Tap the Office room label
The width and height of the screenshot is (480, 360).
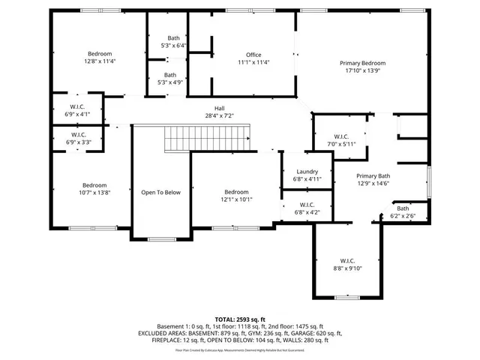[x=253, y=55]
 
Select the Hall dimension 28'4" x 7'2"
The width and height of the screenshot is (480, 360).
[x=220, y=115]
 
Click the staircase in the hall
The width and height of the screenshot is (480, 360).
[x=206, y=138]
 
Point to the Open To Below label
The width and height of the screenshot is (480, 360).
[x=161, y=193]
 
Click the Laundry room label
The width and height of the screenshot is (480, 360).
[x=307, y=172]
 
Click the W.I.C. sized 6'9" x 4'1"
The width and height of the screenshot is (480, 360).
[x=79, y=106]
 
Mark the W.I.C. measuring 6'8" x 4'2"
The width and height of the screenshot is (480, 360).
[x=307, y=205]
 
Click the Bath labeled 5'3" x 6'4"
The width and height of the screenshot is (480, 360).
[x=173, y=38]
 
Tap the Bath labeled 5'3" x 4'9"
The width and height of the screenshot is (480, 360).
[x=170, y=75]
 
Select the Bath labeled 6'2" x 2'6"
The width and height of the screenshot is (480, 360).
[x=403, y=209]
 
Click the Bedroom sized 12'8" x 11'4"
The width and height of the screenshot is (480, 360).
[x=100, y=54]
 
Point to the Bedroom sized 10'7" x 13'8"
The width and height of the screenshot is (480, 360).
[x=94, y=185]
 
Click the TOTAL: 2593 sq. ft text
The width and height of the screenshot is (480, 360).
[x=239, y=319]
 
